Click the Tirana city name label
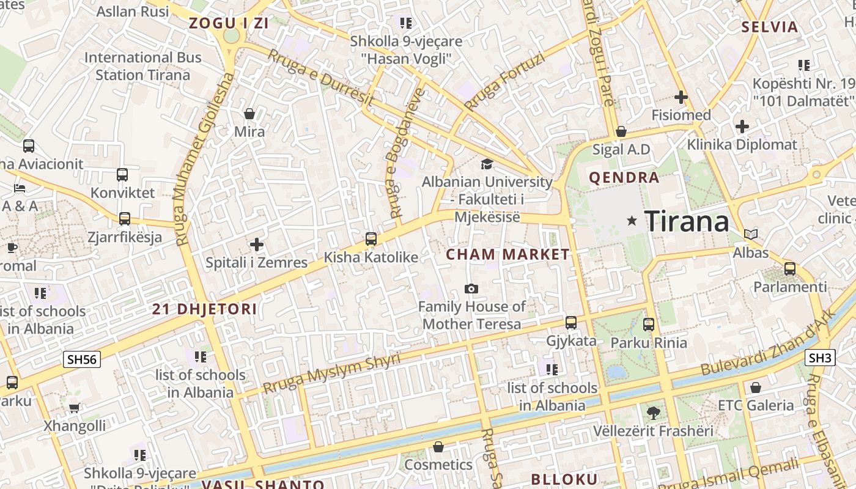tap(687, 221)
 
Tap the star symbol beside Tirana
tap(632, 220)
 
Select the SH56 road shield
tap(82, 359)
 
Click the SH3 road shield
tap(820, 358)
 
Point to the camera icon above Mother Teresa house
tap(471, 289)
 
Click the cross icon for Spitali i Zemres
tap(257, 244)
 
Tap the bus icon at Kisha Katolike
tap(371, 239)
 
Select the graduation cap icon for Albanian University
tap(487, 164)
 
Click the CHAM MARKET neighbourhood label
tap(507, 255)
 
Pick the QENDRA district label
tap(624, 178)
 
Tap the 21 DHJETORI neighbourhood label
tap(204, 309)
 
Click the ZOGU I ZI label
tap(229, 24)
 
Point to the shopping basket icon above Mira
tap(249, 114)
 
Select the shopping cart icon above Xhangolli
tap(74, 408)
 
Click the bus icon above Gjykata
tap(570, 322)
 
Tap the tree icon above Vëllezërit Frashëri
tap(653, 413)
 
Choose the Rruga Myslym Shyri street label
tap(331, 373)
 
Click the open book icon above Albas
tap(751, 234)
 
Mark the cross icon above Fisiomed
tap(681, 97)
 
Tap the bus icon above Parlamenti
tap(789, 268)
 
